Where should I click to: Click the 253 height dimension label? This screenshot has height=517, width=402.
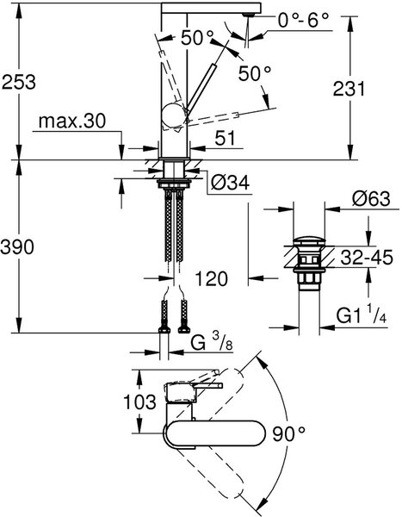tap(19, 82)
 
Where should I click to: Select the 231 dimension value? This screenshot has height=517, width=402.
tap(349, 89)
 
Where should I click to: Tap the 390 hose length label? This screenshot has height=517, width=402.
tap(17, 247)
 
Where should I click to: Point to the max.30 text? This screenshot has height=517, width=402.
tap(72, 121)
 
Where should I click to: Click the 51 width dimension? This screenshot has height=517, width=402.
tap(226, 138)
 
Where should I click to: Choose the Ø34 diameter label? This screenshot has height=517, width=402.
tap(230, 183)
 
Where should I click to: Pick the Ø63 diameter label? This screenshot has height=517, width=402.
tap(371, 199)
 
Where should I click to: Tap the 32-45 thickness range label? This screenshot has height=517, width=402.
tap(367, 257)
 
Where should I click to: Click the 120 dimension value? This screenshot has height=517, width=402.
tap(211, 279)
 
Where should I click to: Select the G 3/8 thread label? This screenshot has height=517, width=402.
tap(212, 343)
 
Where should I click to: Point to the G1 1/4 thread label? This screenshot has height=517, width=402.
tap(362, 315)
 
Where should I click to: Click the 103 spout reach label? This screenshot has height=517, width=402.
tap(139, 402)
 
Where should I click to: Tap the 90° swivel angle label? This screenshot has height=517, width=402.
tap(289, 434)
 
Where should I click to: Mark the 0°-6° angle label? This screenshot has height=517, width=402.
tap(304, 21)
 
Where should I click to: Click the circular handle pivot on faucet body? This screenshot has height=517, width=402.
tap(174, 115)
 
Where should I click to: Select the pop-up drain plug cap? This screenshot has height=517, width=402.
tap(309, 240)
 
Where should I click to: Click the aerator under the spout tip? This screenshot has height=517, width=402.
tap(249, 15)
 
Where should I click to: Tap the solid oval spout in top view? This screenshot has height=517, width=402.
tap(214, 433)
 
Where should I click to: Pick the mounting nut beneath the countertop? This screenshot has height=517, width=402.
tap(174, 183)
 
